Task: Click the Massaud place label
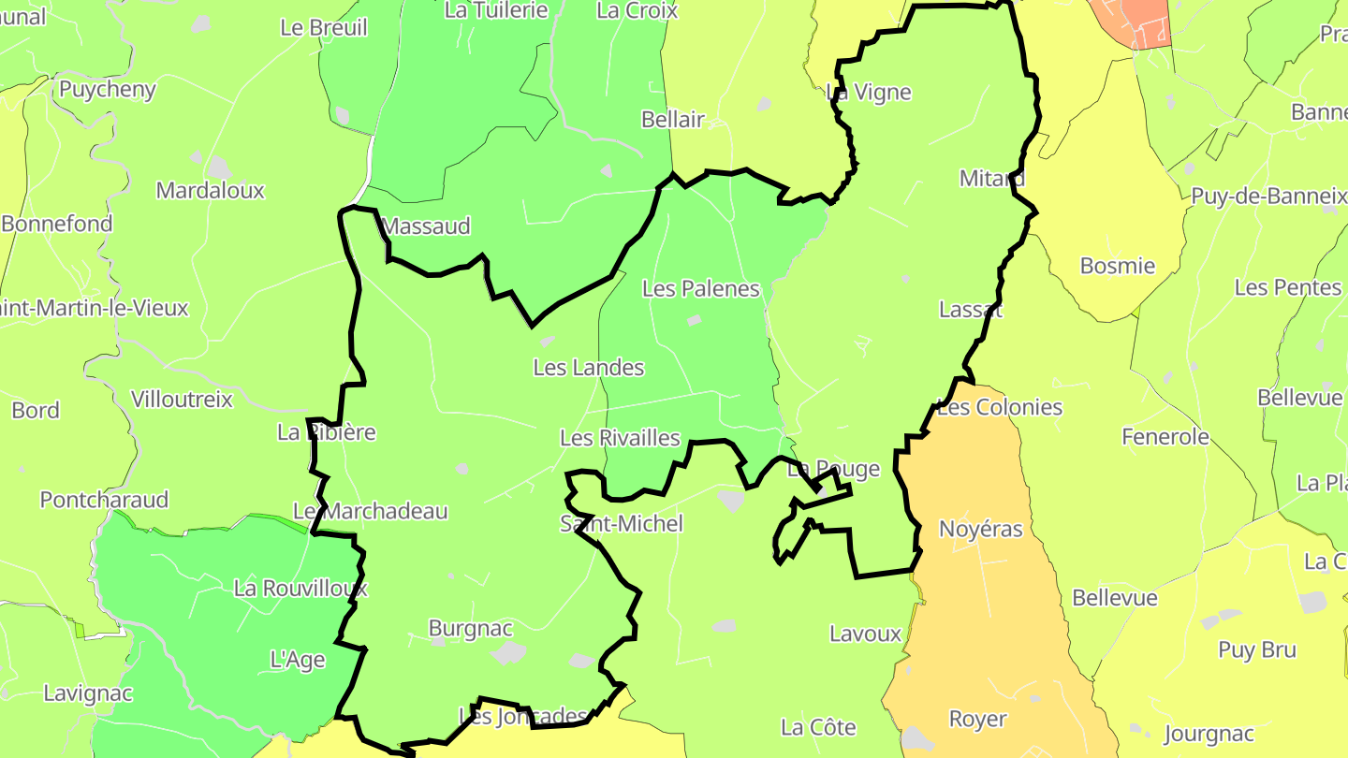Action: (427, 226)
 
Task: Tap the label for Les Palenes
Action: (700, 288)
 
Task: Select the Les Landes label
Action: (588, 368)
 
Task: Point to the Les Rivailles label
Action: (620, 438)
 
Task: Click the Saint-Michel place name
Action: (622, 524)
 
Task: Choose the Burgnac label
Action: (470, 628)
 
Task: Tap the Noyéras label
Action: (981, 530)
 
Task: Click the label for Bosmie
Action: (1117, 266)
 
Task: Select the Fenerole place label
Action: (1165, 437)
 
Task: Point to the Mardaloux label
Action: (211, 191)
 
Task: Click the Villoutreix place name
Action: (182, 400)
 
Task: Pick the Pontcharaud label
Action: (104, 500)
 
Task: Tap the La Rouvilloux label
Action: (300, 589)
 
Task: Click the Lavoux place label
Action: (865, 634)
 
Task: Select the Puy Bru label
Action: (1256, 649)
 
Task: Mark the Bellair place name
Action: (672, 120)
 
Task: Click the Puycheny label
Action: (107, 90)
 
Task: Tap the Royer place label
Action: (977, 719)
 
